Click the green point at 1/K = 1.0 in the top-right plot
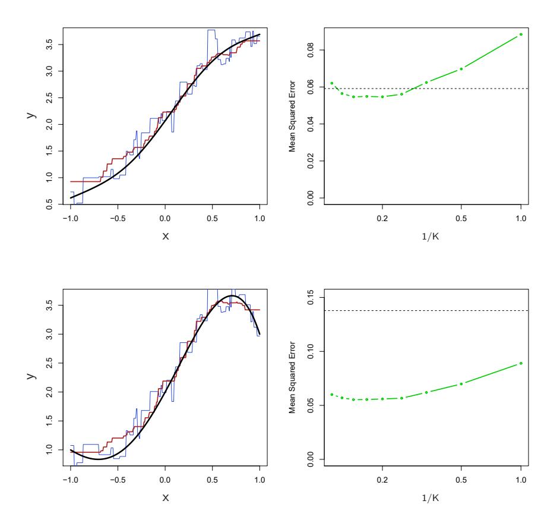pyautogui.click(x=521, y=34)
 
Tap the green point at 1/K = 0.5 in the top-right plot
pyautogui.click(x=461, y=69)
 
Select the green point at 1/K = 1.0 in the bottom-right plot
pyautogui.click(x=521, y=363)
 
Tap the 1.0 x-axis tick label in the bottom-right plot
pyautogui.click(x=521, y=480)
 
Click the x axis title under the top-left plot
pyautogui.click(x=166, y=235)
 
